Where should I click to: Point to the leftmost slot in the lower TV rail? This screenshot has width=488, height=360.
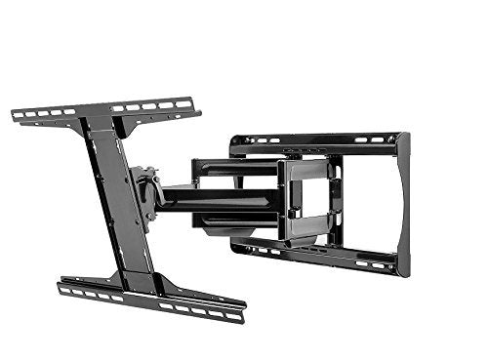coord(67,289)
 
